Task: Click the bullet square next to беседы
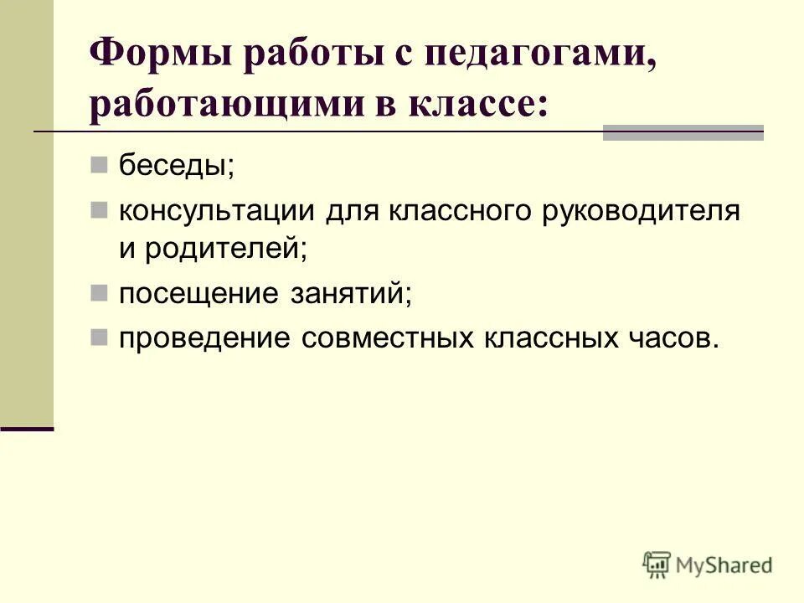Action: pyautogui.click(x=100, y=164)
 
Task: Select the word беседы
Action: pyautogui.click(x=176, y=164)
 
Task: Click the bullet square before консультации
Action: pyautogui.click(x=100, y=209)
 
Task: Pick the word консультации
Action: pyautogui.click(x=217, y=210)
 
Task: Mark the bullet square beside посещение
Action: pyautogui.click(x=100, y=293)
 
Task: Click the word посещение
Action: pyautogui.click(x=198, y=294)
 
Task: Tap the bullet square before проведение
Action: pyautogui.click(x=100, y=338)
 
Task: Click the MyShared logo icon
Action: pyautogui.click(x=657, y=564)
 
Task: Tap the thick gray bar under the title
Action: pyautogui.click(x=683, y=132)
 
